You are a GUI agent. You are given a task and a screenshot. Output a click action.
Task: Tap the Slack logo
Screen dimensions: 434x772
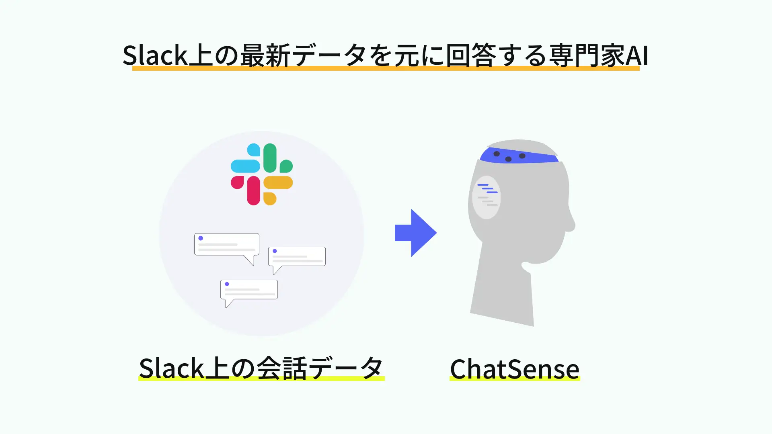[262, 174]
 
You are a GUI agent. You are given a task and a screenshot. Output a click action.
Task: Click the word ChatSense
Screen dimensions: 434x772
[514, 369]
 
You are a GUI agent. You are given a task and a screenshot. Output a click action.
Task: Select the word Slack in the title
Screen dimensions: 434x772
[155, 55]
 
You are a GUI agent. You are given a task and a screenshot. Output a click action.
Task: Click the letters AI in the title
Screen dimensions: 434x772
[637, 55]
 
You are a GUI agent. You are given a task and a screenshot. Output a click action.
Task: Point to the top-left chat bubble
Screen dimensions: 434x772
[226, 245]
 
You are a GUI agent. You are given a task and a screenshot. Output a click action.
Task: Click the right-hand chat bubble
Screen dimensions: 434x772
[297, 256]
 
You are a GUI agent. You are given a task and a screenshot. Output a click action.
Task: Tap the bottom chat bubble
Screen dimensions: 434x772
[249, 290]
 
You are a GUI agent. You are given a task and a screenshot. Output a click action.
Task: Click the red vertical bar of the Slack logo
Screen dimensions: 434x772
[253, 190]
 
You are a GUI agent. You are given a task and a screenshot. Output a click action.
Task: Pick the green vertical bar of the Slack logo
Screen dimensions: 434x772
[270, 158]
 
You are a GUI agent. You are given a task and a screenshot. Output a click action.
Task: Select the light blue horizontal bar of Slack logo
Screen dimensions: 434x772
[245, 166]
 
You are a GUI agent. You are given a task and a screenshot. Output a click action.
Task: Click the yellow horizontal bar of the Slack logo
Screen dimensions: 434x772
[278, 182]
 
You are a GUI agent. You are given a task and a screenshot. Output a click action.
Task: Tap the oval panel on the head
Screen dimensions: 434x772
[486, 197]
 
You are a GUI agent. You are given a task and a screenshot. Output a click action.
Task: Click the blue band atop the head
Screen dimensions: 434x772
[519, 156]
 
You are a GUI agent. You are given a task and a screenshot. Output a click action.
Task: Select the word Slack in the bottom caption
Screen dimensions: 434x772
[171, 368]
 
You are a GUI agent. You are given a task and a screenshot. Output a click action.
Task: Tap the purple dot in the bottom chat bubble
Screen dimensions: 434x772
[227, 284]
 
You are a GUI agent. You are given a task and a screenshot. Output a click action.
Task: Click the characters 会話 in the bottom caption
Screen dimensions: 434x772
[281, 368]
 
